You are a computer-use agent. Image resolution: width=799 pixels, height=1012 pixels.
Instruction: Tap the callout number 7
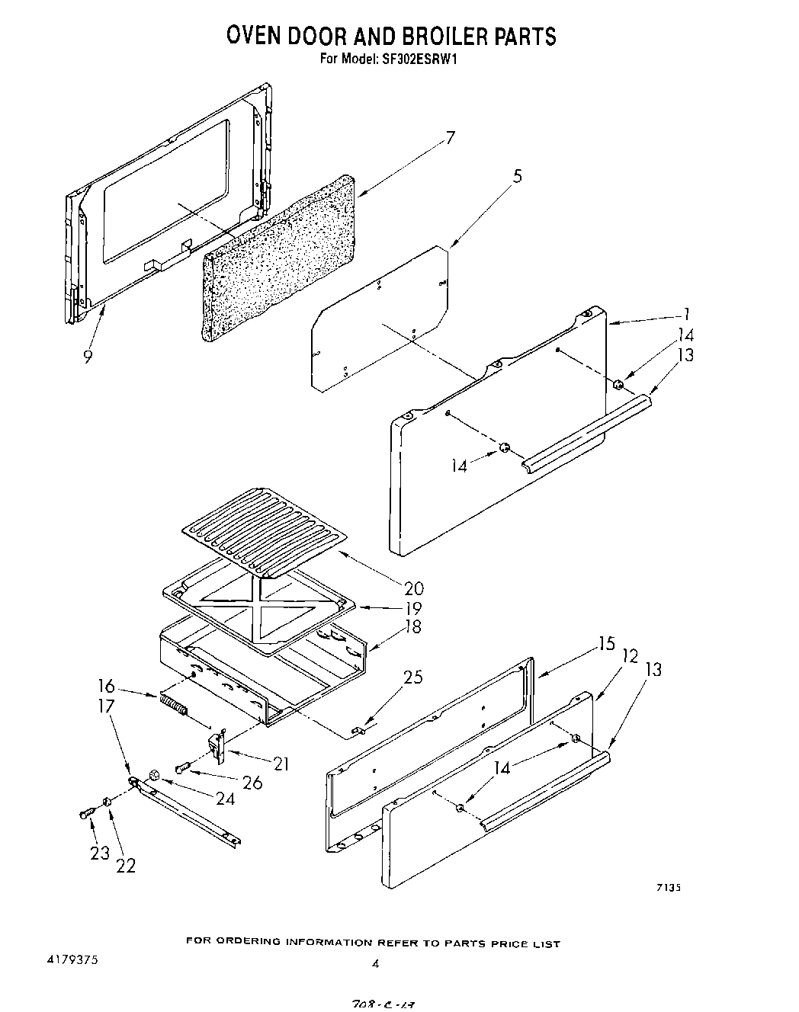coord(451,138)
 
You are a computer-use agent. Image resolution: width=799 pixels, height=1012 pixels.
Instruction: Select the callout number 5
coord(518,177)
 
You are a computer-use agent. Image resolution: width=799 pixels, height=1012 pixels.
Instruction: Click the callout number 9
coord(88,356)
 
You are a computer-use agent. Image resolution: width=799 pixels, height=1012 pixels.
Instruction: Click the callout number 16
coord(107,685)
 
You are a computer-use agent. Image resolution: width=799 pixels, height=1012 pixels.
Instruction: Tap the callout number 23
coord(100,853)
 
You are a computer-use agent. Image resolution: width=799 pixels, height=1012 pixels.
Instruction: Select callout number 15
coord(606,645)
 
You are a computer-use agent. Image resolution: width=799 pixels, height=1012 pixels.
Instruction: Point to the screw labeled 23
coord(86,815)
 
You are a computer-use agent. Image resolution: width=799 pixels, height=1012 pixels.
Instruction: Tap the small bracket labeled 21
coord(218,746)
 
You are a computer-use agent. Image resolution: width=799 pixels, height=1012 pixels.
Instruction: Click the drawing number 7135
coord(667,887)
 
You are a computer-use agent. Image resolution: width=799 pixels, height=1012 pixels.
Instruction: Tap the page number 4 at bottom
coord(374,964)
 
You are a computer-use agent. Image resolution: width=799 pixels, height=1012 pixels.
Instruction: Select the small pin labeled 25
coord(358,731)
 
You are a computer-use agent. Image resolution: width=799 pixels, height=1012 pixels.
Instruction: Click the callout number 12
coord(630,655)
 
